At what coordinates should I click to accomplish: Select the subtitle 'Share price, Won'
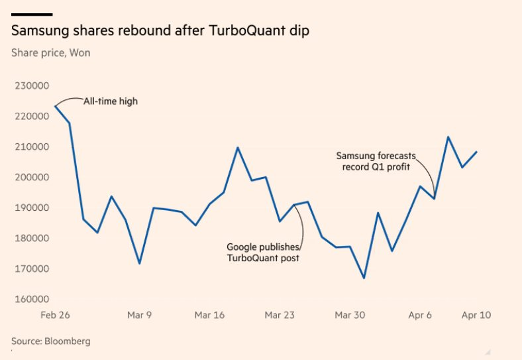tap(51, 52)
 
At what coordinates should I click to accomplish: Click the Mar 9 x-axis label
tap(139, 315)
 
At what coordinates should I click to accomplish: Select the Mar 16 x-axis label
tap(209, 315)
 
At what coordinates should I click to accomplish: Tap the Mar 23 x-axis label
tap(280, 315)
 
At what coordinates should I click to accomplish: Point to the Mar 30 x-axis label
tap(350, 315)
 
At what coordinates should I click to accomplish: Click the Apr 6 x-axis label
tap(420, 315)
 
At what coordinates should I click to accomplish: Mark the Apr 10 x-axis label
tap(476, 315)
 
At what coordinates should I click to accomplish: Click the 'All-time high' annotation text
tap(110, 101)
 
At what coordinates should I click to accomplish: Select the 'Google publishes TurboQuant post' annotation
tap(263, 253)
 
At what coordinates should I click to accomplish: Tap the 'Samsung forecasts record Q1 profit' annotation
tap(372, 161)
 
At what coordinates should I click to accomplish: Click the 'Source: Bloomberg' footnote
tap(51, 341)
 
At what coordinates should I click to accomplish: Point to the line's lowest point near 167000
tap(364, 278)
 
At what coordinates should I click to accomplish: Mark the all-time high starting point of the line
tap(55, 106)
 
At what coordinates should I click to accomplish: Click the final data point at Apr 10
tap(476, 152)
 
